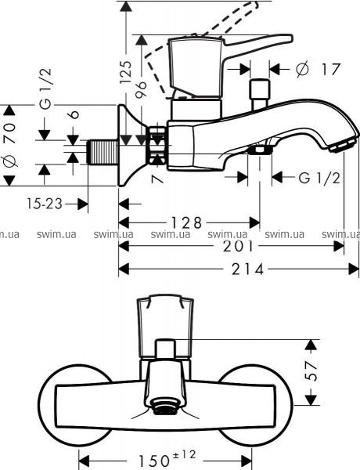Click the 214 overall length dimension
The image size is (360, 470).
click(x=247, y=269)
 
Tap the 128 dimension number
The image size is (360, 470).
click(x=186, y=222)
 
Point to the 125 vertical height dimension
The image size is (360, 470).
click(x=127, y=72)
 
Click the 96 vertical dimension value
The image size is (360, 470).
click(x=141, y=89)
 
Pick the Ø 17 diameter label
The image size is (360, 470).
click(x=318, y=69)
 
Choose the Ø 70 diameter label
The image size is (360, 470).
click(x=9, y=145)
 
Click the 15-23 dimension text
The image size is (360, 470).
click(x=45, y=204)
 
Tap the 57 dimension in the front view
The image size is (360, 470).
click(x=311, y=371)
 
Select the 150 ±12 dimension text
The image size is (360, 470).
click(x=167, y=461)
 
